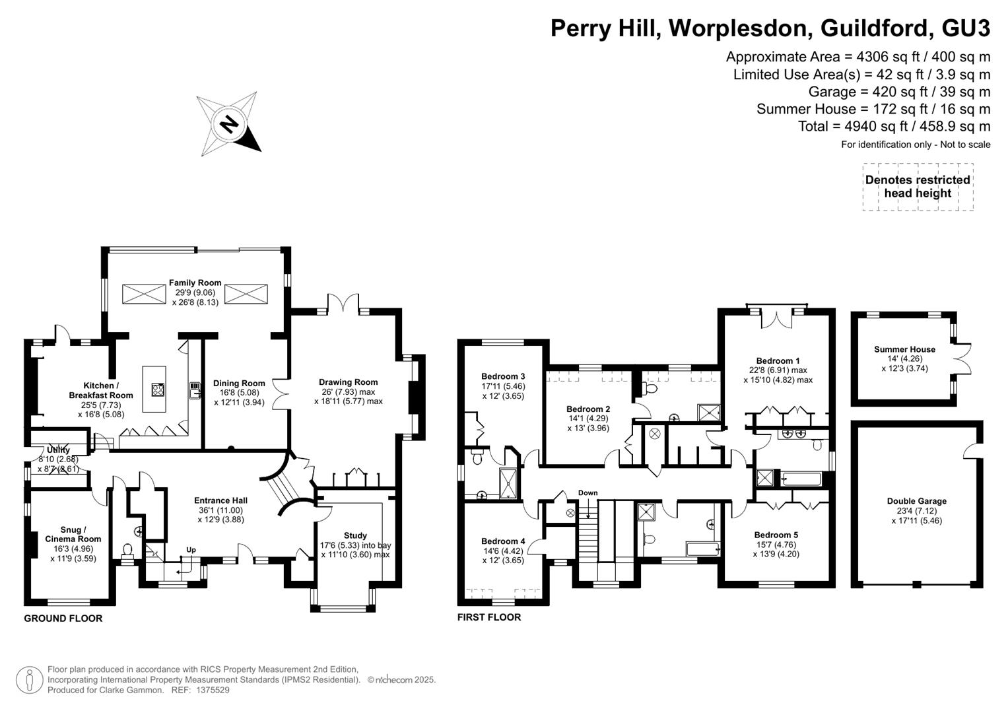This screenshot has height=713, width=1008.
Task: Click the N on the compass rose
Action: (x=230, y=124)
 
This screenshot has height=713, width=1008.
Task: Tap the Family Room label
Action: (x=195, y=283)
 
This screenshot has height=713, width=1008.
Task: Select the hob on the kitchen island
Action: (x=158, y=389)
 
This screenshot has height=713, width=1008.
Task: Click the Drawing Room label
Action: (x=349, y=382)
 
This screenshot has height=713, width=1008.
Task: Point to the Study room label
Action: (x=356, y=535)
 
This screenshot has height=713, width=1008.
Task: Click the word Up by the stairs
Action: (x=191, y=549)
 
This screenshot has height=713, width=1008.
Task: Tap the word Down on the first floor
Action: (x=588, y=492)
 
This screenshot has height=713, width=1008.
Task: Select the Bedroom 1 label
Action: (x=778, y=360)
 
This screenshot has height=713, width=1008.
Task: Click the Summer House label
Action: (x=904, y=349)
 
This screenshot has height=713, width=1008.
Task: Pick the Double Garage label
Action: (x=917, y=500)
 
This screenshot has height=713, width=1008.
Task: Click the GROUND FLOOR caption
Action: (x=63, y=619)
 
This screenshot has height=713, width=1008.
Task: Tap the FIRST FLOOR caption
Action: (x=489, y=617)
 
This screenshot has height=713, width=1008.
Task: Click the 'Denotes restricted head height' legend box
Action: (x=918, y=187)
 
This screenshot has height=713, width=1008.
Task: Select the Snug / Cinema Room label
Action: (x=73, y=534)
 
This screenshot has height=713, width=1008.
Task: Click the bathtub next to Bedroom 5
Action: (x=702, y=549)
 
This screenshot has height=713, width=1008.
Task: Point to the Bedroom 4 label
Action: (x=503, y=541)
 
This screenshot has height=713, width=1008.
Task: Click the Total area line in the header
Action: (x=894, y=126)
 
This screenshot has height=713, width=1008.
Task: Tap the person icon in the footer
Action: (x=30, y=680)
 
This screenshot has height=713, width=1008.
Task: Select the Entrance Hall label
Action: (x=220, y=500)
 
